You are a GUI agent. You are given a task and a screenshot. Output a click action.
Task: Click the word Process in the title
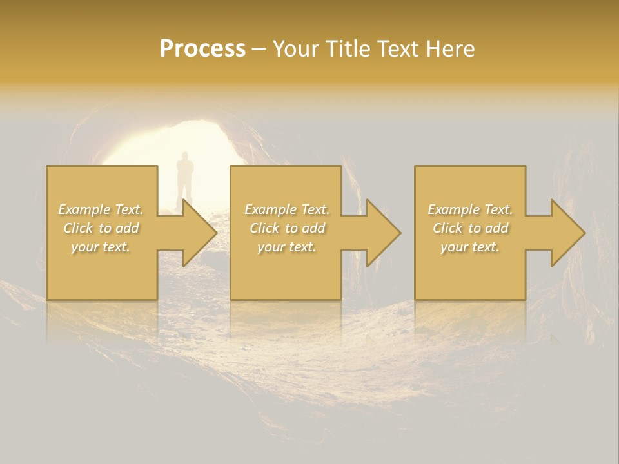(x=202, y=49)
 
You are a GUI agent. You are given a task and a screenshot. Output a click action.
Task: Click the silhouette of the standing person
(x=185, y=177)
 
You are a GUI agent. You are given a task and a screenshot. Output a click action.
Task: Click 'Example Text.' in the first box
(x=101, y=209)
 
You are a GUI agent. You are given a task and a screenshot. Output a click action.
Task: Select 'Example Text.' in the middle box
(x=287, y=209)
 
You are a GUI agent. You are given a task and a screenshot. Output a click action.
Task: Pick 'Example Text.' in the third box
(x=470, y=209)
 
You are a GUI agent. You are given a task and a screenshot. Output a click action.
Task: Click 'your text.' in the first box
(x=101, y=247)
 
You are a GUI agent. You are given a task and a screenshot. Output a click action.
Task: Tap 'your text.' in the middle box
(x=286, y=247)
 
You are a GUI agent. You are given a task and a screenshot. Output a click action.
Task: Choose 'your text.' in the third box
(x=469, y=247)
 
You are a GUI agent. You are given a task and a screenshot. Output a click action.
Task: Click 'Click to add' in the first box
(x=101, y=228)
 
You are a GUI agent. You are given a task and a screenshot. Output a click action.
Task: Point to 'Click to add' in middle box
(x=287, y=228)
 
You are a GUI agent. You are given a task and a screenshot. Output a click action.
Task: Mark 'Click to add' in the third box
(x=470, y=228)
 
